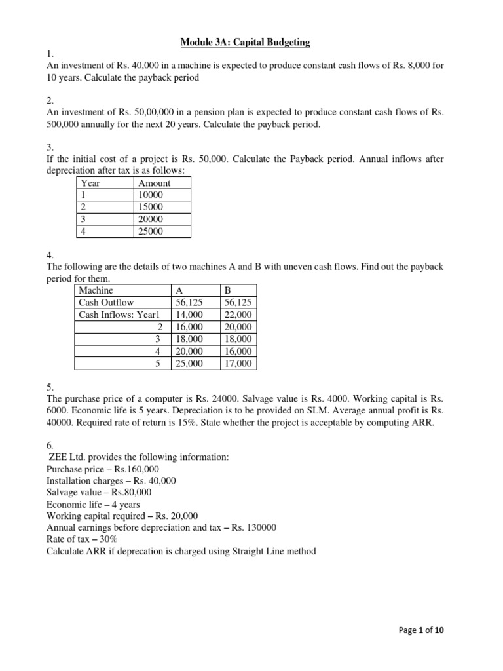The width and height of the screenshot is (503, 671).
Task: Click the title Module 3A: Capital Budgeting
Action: [x=246, y=43]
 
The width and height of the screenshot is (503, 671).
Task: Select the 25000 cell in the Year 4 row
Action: [x=151, y=231]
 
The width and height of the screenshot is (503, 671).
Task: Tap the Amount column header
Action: [x=155, y=183]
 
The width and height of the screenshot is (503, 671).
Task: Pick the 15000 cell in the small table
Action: [x=151, y=207]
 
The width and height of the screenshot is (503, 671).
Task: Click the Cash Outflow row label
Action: [x=106, y=302]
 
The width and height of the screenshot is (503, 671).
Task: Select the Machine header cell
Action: [x=96, y=290]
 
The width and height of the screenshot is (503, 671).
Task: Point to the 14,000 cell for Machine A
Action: [x=190, y=315]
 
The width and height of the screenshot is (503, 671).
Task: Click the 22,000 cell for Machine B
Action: [x=238, y=315]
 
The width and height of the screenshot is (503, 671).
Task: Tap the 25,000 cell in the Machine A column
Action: [x=190, y=364]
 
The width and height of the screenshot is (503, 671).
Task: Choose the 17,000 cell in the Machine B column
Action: [x=238, y=364]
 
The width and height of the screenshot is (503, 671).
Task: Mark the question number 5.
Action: [x=50, y=387]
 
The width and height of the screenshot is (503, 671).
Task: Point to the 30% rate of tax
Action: [x=108, y=539]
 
